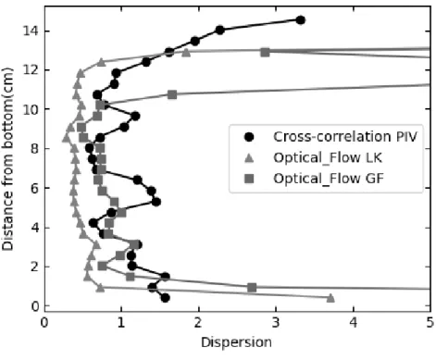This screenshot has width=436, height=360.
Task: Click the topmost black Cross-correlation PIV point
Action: coord(300,20)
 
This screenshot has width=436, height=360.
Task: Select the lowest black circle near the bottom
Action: coord(166,298)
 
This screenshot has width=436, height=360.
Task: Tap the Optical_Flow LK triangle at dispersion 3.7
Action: coord(330,298)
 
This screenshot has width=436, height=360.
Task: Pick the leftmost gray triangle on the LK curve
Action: coord(66,138)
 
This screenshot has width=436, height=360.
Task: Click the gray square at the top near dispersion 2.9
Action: coord(265,52)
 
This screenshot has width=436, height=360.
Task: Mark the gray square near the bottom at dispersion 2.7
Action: coord(252,288)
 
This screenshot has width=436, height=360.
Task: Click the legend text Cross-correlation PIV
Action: coord(345,137)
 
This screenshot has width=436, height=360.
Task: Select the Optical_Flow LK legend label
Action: coord(328,158)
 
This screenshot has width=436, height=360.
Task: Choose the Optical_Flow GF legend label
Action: coord(329,179)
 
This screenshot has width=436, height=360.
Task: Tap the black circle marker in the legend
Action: coord(249,137)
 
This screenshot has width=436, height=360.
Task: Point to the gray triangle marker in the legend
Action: coord(249,158)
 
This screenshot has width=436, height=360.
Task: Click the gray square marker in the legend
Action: coord(249,179)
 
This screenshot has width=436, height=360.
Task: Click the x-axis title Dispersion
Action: coord(236,342)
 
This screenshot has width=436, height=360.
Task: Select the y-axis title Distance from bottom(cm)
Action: coord(7,159)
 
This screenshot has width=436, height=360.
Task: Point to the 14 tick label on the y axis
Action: coord(31,31)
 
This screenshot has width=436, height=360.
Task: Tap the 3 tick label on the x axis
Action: coord(276,323)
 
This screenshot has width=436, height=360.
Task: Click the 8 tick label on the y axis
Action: coord(34,149)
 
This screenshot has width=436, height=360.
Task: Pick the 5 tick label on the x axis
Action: coord(430,323)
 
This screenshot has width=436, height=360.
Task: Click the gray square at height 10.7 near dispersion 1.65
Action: coord(172,94)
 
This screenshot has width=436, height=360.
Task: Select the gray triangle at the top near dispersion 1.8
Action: coord(186,53)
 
